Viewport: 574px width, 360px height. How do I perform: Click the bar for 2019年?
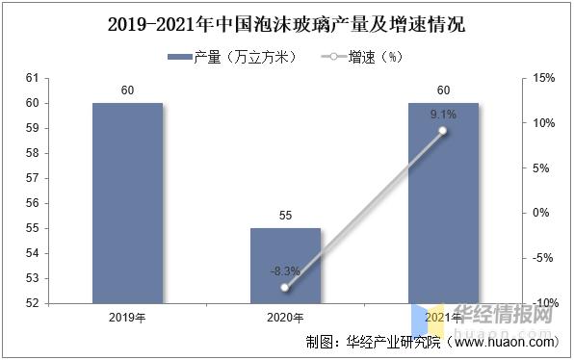[x=128, y=202]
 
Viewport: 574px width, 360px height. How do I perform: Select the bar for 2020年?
[x=285, y=265]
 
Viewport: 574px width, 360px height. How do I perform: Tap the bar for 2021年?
[x=443, y=202]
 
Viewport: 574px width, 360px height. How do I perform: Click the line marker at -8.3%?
[x=285, y=288]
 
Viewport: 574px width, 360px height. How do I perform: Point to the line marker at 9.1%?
[x=443, y=131]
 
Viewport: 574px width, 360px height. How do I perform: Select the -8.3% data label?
[x=285, y=271]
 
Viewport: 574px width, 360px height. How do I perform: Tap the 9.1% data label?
[x=443, y=115]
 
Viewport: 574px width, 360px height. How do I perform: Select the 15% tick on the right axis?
[x=543, y=78]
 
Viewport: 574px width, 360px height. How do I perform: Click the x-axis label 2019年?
[x=128, y=318]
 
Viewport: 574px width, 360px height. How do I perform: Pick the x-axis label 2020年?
[x=285, y=318]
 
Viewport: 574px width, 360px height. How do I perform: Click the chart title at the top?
[x=286, y=24]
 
